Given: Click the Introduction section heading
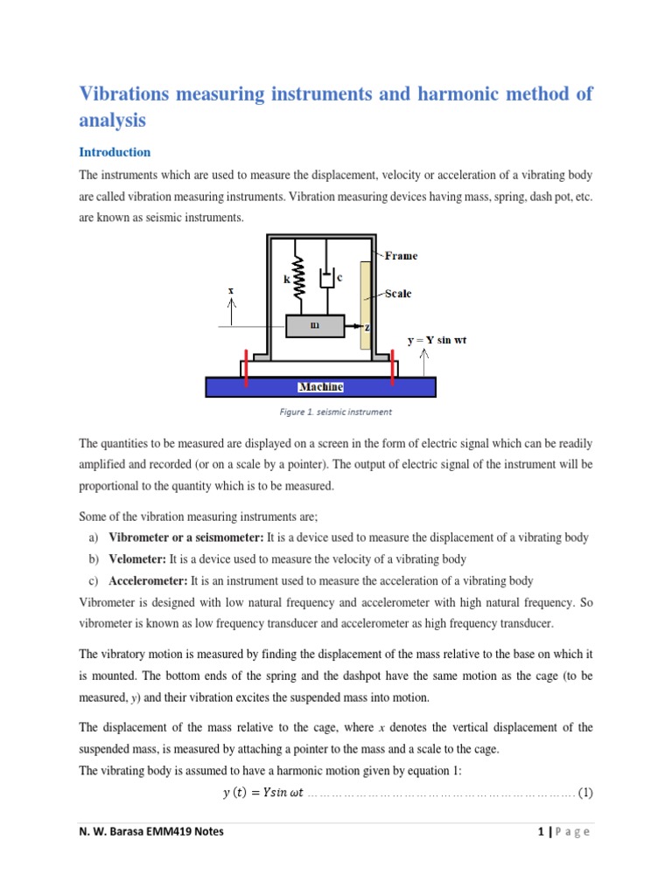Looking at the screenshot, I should [115, 152].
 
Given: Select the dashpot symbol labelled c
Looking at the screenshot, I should [327, 279].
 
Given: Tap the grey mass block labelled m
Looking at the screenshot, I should [314, 325].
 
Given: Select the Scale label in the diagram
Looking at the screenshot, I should [397, 294].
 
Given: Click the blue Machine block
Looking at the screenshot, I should [321, 386].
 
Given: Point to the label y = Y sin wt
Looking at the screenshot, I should [437, 339].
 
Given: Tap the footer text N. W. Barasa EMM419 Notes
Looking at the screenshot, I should [150, 832].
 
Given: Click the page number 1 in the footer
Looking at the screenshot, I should [542, 832].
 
